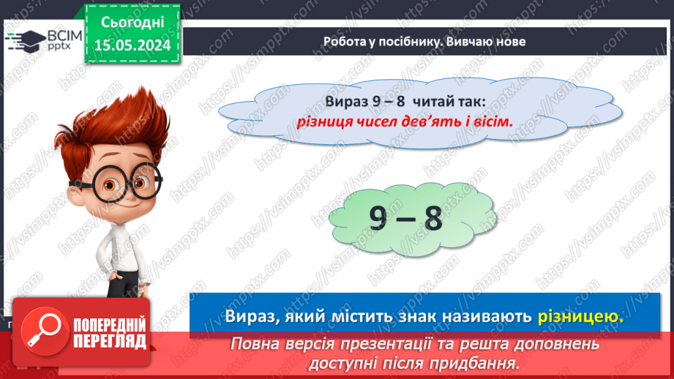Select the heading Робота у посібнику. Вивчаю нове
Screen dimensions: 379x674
coord(424,42)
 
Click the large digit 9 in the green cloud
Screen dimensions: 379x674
coord(380,218)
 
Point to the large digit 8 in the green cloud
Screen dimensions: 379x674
coord(433,218)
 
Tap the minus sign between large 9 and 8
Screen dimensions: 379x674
coord(406,219)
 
